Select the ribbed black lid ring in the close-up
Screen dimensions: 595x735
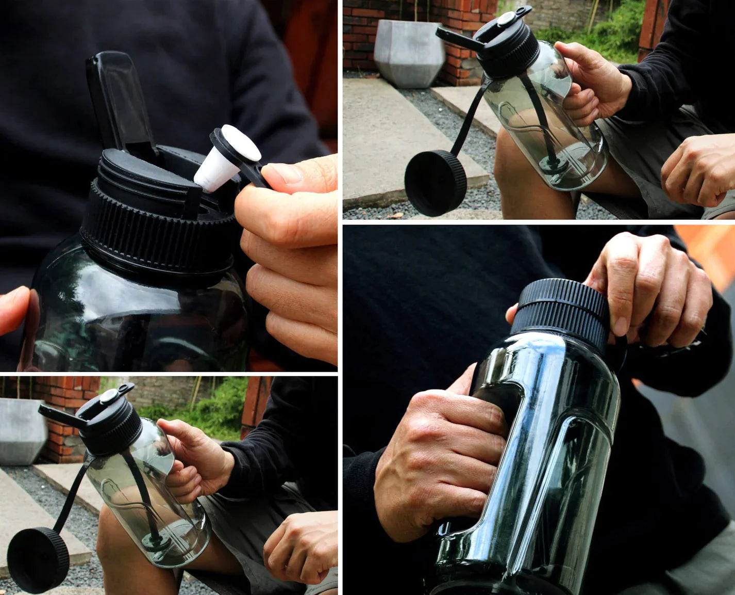coord(155,232)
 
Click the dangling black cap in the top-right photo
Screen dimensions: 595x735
coord(436,183)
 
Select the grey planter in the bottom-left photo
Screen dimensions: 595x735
coord(21,431)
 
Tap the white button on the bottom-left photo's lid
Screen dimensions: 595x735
coord(108,396)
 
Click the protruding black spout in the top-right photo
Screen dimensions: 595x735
coord(456,38)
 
